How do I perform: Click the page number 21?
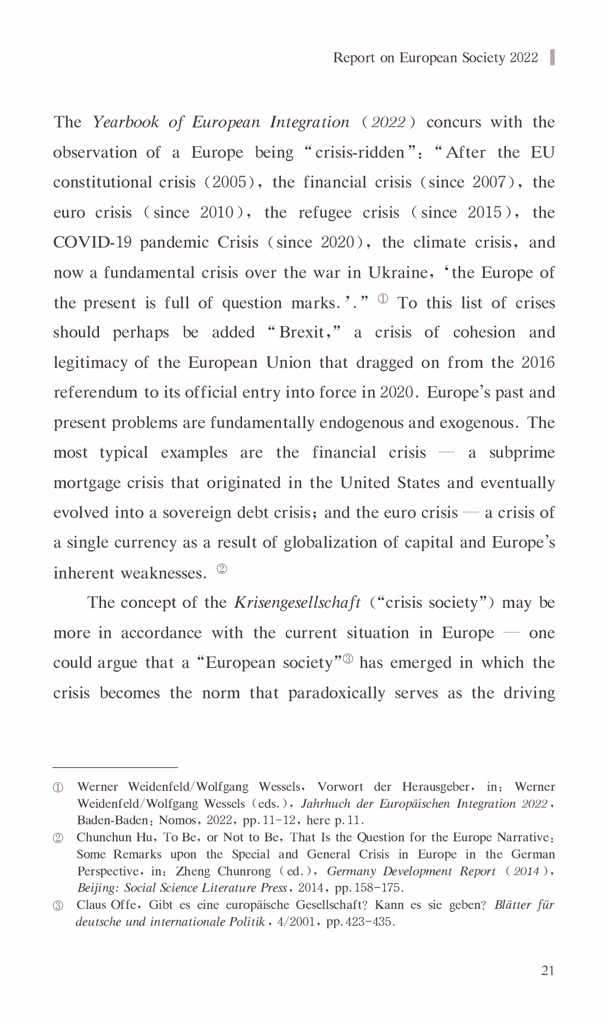548,971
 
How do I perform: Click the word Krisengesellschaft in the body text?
297,603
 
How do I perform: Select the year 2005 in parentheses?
229,182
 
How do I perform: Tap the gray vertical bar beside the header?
552,57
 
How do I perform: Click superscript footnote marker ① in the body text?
383,299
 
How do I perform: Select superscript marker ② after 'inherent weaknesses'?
222,569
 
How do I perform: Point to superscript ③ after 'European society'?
348,659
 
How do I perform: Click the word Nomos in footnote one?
177,820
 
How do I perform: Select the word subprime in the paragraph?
522,453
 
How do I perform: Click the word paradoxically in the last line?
337,693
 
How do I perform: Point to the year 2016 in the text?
538,363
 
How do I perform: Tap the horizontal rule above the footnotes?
115,768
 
